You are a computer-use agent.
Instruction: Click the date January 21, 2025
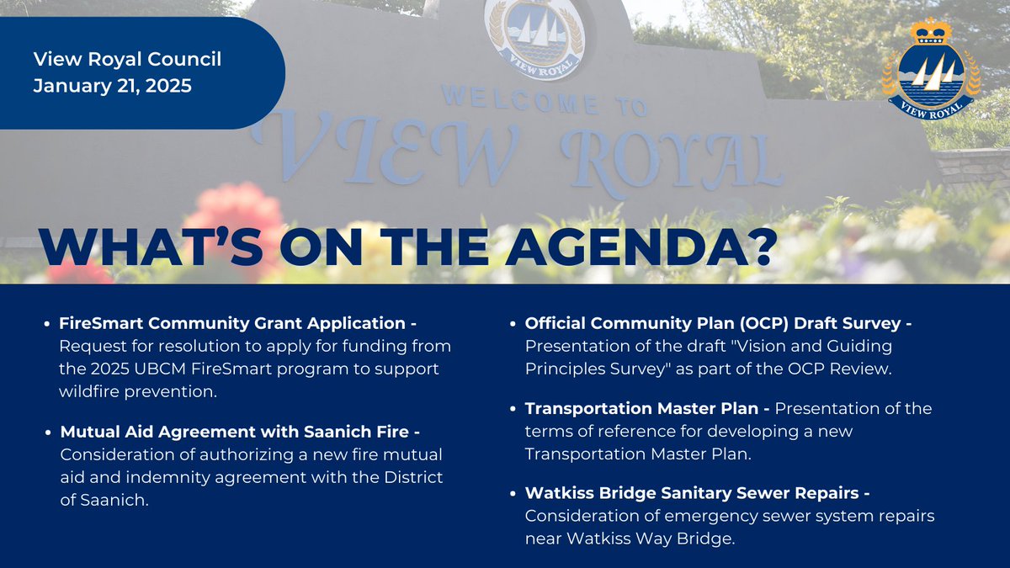[113, 85]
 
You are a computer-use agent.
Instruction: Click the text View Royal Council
[127, 60]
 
